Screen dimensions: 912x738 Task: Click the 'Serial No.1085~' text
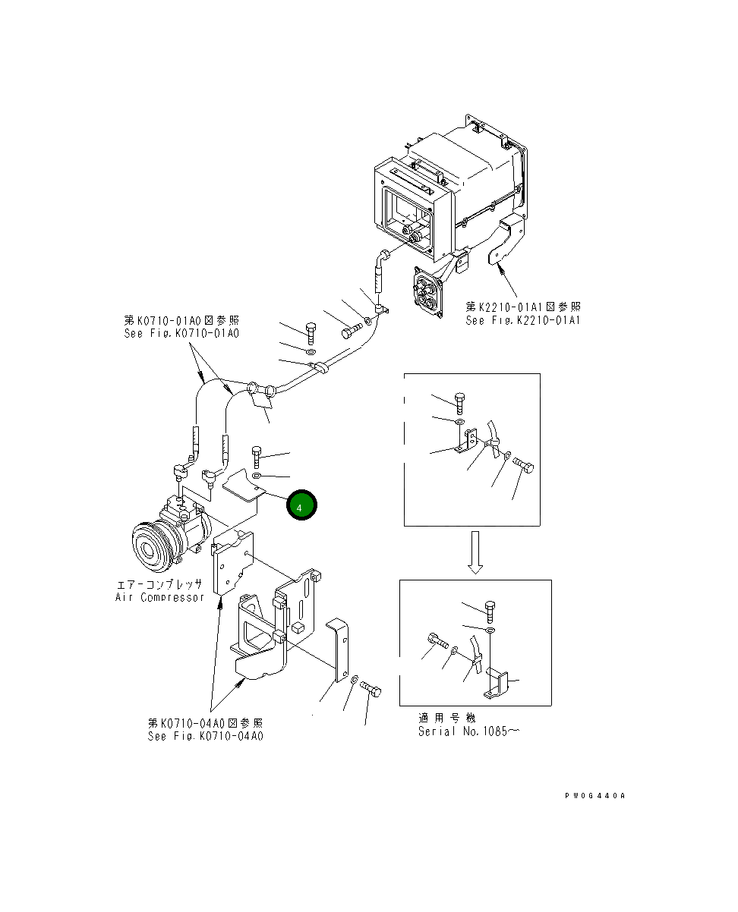[468, 731]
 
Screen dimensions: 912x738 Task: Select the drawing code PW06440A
[594, 796]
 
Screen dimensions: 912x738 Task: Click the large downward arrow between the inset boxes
[474, 552]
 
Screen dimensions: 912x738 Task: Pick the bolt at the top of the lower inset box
[489, 610]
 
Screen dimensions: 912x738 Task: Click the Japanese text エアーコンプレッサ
[159, 585]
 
